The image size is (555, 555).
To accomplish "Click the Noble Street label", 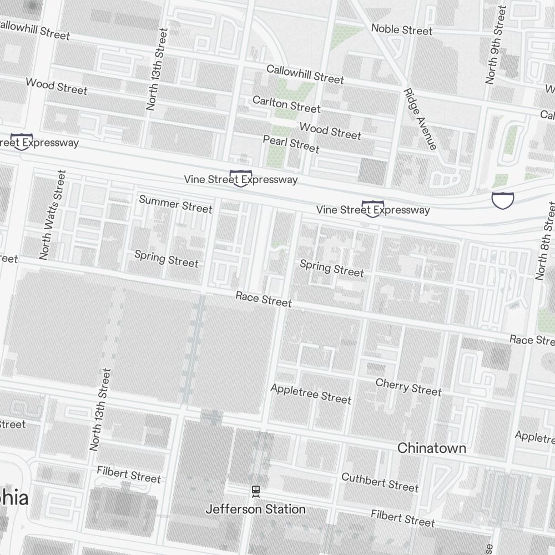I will pyautogui.click(x=401, y=29).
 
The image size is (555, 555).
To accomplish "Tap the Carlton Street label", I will pyautogui.click(x=286, y=104).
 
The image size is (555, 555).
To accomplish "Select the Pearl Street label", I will pyautogui.click(x=291, y=144).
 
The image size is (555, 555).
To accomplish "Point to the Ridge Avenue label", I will pyautogui.click(x=420, y=119).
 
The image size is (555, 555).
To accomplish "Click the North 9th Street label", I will pyautogui.click(x=496, y=45).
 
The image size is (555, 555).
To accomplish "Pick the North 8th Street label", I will pyautogui.click(x=545, y=240).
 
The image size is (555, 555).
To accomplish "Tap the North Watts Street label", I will pyautogui.click(x=53, y=215).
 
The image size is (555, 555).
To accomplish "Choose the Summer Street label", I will pyautogui.click(x=175, y=204).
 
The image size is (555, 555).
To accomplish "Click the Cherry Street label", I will pyautogui.click(x=408, y=387).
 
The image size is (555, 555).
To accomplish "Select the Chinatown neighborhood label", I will pyautogui.click(x=432, y=448).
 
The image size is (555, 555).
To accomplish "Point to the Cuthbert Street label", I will pyautogui.click(x=380, y=482).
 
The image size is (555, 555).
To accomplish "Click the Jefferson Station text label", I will pyautogui.click(x=255, y=509).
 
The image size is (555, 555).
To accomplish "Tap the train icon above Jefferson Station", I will pyautogui.click(x=255, y=491).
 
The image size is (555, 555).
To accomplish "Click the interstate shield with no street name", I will pyautogui.click(x=502, y=200).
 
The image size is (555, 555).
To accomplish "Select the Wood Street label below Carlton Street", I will pyautogui.click(x=330, y=131).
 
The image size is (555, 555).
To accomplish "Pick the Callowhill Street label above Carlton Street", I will pyautogui.click(x=305, y=74).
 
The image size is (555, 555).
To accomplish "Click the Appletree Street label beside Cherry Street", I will pyautogui.click(x=311, y=393).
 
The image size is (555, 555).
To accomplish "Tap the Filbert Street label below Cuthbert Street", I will pyautogui.click(x=403, y=518).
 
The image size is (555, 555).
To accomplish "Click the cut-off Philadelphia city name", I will pyautogui.click(x=14, y=498).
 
